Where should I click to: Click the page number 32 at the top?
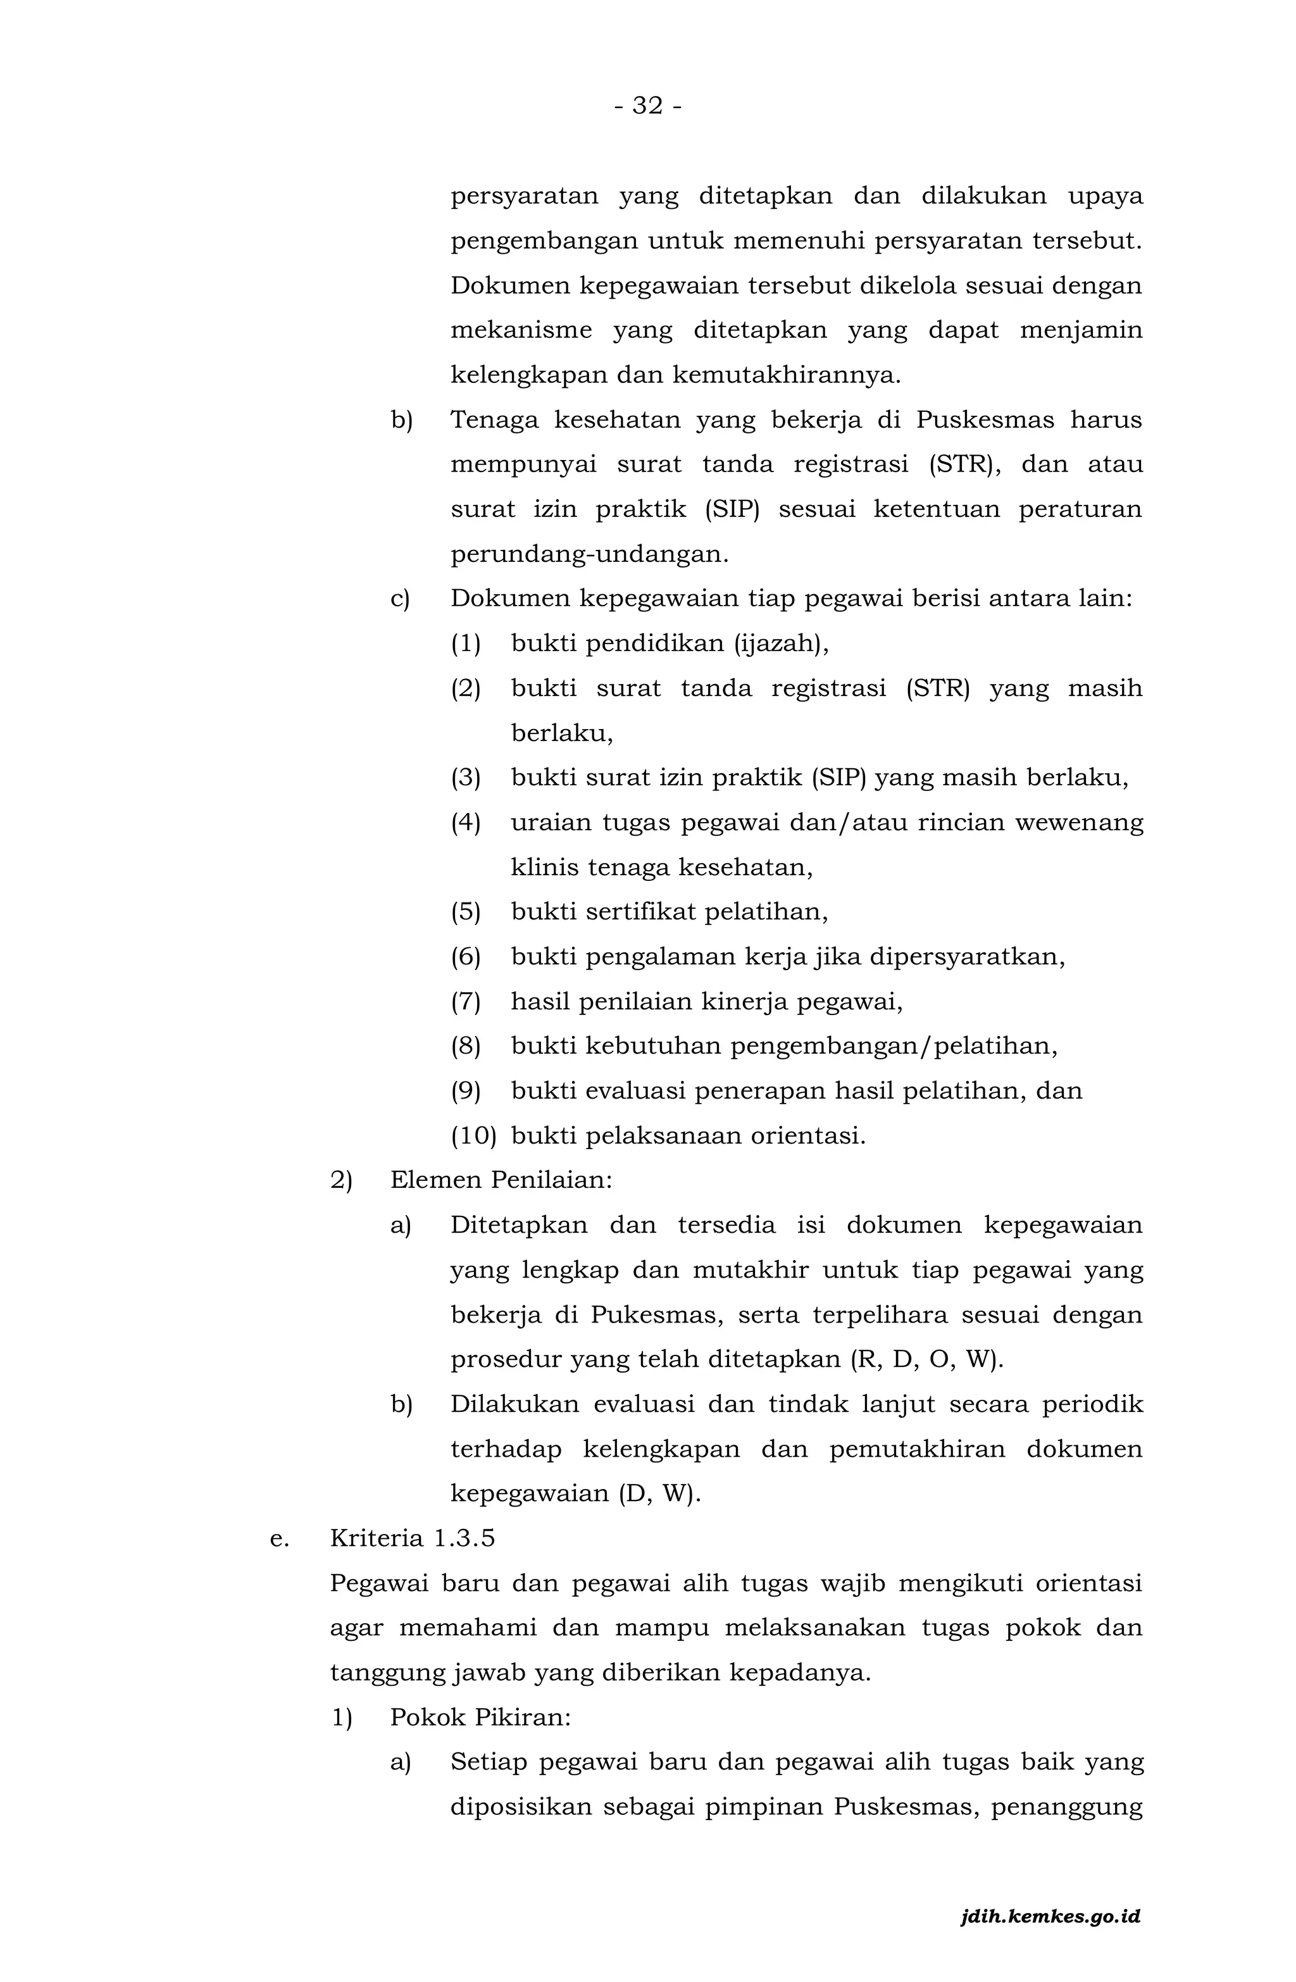coord(647,106)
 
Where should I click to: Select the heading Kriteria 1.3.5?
coord(413,1537)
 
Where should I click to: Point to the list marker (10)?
coord(473,1136)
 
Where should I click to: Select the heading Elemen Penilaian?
coord(501,1180)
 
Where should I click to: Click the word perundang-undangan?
coord(589,554)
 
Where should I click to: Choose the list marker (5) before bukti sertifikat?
coord(466,912)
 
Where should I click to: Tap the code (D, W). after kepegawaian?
coord(659,1494)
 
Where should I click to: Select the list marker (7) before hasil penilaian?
coord(466,1001)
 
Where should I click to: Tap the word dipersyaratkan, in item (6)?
coord(967,957)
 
